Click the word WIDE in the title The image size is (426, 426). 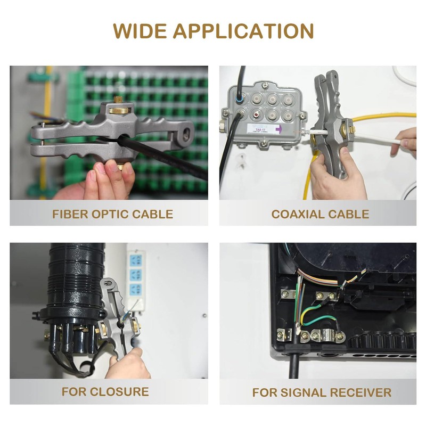click(x=140, y=31)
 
